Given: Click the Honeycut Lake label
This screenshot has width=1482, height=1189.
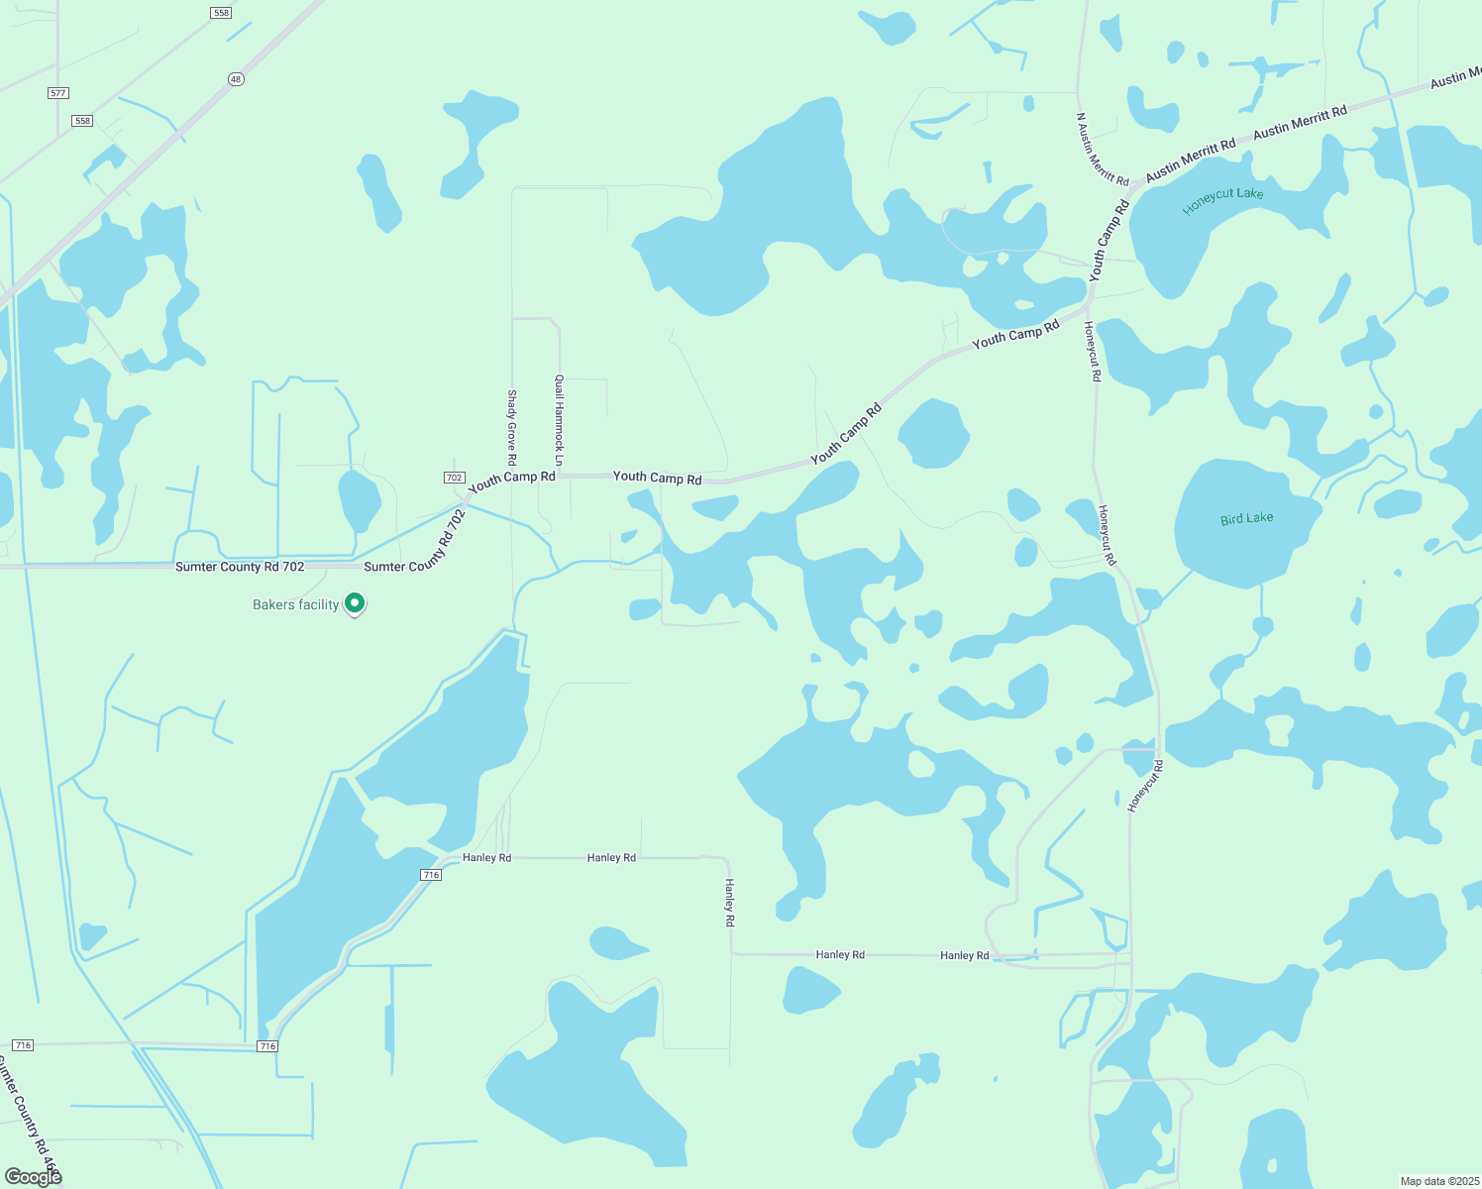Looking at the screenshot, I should click(1222, 198).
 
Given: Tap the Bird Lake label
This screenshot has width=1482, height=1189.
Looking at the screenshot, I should click(1246, 518).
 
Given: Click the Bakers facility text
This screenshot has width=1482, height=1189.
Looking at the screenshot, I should click(295, 604).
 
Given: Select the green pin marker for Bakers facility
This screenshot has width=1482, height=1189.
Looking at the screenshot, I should click(355, 603).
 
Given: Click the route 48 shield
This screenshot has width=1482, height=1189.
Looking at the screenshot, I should click(235, 79).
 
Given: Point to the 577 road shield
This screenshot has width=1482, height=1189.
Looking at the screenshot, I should click(57, 93).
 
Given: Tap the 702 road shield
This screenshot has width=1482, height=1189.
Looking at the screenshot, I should click(454, 478).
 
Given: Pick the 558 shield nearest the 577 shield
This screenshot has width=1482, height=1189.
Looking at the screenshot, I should click(82, 121).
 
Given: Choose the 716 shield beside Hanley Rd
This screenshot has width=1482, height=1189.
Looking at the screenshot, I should click(430, 875).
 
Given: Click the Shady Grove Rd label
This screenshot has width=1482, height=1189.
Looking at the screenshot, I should click(512, 427).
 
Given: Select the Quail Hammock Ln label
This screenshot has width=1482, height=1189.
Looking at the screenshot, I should click(559, 420).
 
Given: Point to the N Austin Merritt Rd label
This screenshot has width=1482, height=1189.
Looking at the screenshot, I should click(1103, 149).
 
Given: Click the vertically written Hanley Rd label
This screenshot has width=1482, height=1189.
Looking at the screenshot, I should click(730, 902).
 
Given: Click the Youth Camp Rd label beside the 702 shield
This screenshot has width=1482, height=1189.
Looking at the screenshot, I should click(511, 481).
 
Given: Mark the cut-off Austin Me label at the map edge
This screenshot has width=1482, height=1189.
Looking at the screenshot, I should click(1454, 77).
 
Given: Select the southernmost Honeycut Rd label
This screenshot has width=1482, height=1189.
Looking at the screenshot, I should click(1145, 787).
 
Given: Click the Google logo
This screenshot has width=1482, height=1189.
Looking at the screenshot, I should click(33, 1176).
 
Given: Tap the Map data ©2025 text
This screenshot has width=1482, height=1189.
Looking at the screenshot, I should click(1437, 1181).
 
